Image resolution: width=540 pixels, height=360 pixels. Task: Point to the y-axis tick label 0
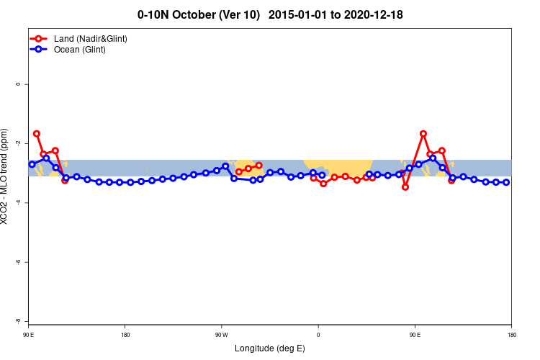click(18, 84)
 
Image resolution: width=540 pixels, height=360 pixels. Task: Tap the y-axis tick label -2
click(18, 143)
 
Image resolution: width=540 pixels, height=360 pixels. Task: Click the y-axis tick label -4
click(18, 203)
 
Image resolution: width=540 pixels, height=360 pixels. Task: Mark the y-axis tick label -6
click(18, 262)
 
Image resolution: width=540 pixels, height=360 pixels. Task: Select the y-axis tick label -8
click(18, 321)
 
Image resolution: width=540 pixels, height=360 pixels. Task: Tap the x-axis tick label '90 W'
click(221, 335)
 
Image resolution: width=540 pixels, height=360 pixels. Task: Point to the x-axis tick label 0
click(318, 335)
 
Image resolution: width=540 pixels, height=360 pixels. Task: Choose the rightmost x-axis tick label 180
click(510, 335)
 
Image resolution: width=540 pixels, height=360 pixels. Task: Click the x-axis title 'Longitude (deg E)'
click(270, 348)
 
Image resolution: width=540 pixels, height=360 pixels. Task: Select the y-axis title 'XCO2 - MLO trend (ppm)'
click(6, 177)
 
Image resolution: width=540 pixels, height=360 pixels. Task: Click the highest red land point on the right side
click(423, 134)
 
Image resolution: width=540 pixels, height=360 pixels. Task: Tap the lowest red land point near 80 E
click(405, 186)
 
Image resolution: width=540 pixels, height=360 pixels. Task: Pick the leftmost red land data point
click(36, 134)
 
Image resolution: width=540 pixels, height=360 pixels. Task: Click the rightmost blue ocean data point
click(506, 182)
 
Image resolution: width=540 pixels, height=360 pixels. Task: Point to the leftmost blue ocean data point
click(32, 164)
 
